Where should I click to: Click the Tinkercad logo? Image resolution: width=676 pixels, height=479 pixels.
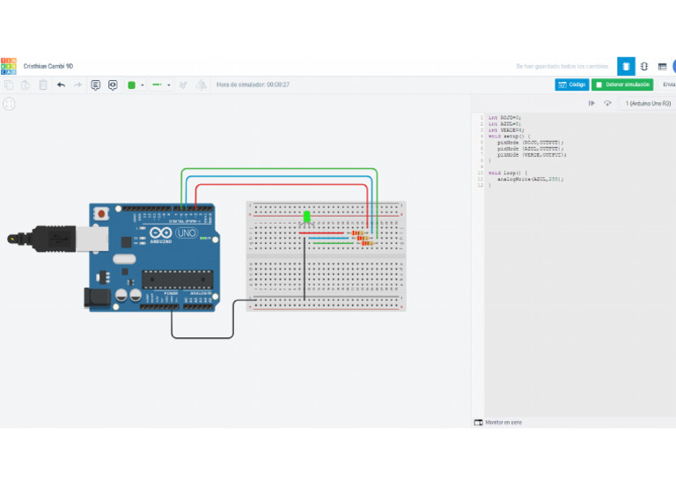pyautogui.click(x=8, y=66)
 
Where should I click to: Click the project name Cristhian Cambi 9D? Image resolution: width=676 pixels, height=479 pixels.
pyautogui.click(x=48, y=66)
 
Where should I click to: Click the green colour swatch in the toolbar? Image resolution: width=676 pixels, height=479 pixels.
pyautogui.click(x=132, y=85)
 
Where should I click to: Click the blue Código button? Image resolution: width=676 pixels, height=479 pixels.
pyautogui.click(x=572, y=85)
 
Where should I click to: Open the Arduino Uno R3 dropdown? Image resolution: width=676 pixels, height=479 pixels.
pyautogui.click(x=648, y=104)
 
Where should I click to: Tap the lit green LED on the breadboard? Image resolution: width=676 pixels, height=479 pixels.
pyautogui.click(x=306, y=216)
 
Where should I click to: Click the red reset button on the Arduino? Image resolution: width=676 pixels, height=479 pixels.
pyautogui.click(x=103, y=213)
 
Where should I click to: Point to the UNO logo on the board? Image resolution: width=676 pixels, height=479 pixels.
pyautogui.click(x=186, y=233)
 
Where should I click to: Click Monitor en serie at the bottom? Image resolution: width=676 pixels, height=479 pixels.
pyautogui.click(x=503, y=423)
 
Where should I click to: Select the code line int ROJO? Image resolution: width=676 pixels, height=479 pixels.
pyautogui.click(x=505, y=117)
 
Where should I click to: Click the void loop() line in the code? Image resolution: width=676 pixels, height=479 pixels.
pyautogui.click(x=508, y=173)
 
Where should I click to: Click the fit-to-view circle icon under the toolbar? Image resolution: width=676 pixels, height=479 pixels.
pyautogui.click(x=9, y=104)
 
